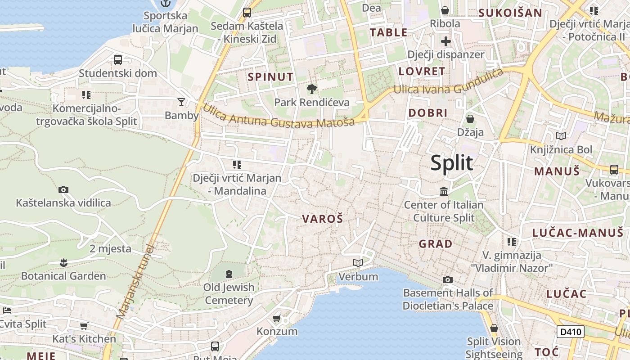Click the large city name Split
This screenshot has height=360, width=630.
pyautogui.click(x=451, y=163)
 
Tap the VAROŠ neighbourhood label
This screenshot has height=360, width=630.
pyautogui.click(x=322, y=219)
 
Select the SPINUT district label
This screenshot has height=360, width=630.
pyautogui.click(x=270, y=77)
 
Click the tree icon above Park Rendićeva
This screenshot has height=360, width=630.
pyautogui.click(x=311, y=89)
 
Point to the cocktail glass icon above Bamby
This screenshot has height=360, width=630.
pyautogui.click(x=181, y=102)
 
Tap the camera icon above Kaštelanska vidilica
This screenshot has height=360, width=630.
pyautogui.click(x=63, y=189)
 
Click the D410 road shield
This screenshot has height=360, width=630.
pyautogui.click(x=570, y=332)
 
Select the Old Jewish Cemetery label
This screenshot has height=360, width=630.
pyautogui.click(x=229, y=293)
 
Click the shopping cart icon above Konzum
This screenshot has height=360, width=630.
pyautogui.click(x=277, y=319)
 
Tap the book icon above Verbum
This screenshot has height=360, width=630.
pyautogui.click(x=358, y=263)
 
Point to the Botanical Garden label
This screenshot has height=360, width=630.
pyautogui.click(x=63, y=276)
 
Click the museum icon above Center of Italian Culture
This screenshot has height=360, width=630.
pyautogui.click(x=444, y=192)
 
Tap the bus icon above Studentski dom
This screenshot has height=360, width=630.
pyautogui.click(x=118, y=59)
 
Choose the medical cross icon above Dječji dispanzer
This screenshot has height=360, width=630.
pyautogui.click(x=446, y=42)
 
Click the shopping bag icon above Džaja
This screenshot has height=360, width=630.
pyautogui.click(x=470, y=119)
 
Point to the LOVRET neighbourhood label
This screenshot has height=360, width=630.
pyautogui.click(x=422, y=71)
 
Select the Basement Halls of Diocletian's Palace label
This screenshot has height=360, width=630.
pyautogui.click(x=448, y=299)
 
